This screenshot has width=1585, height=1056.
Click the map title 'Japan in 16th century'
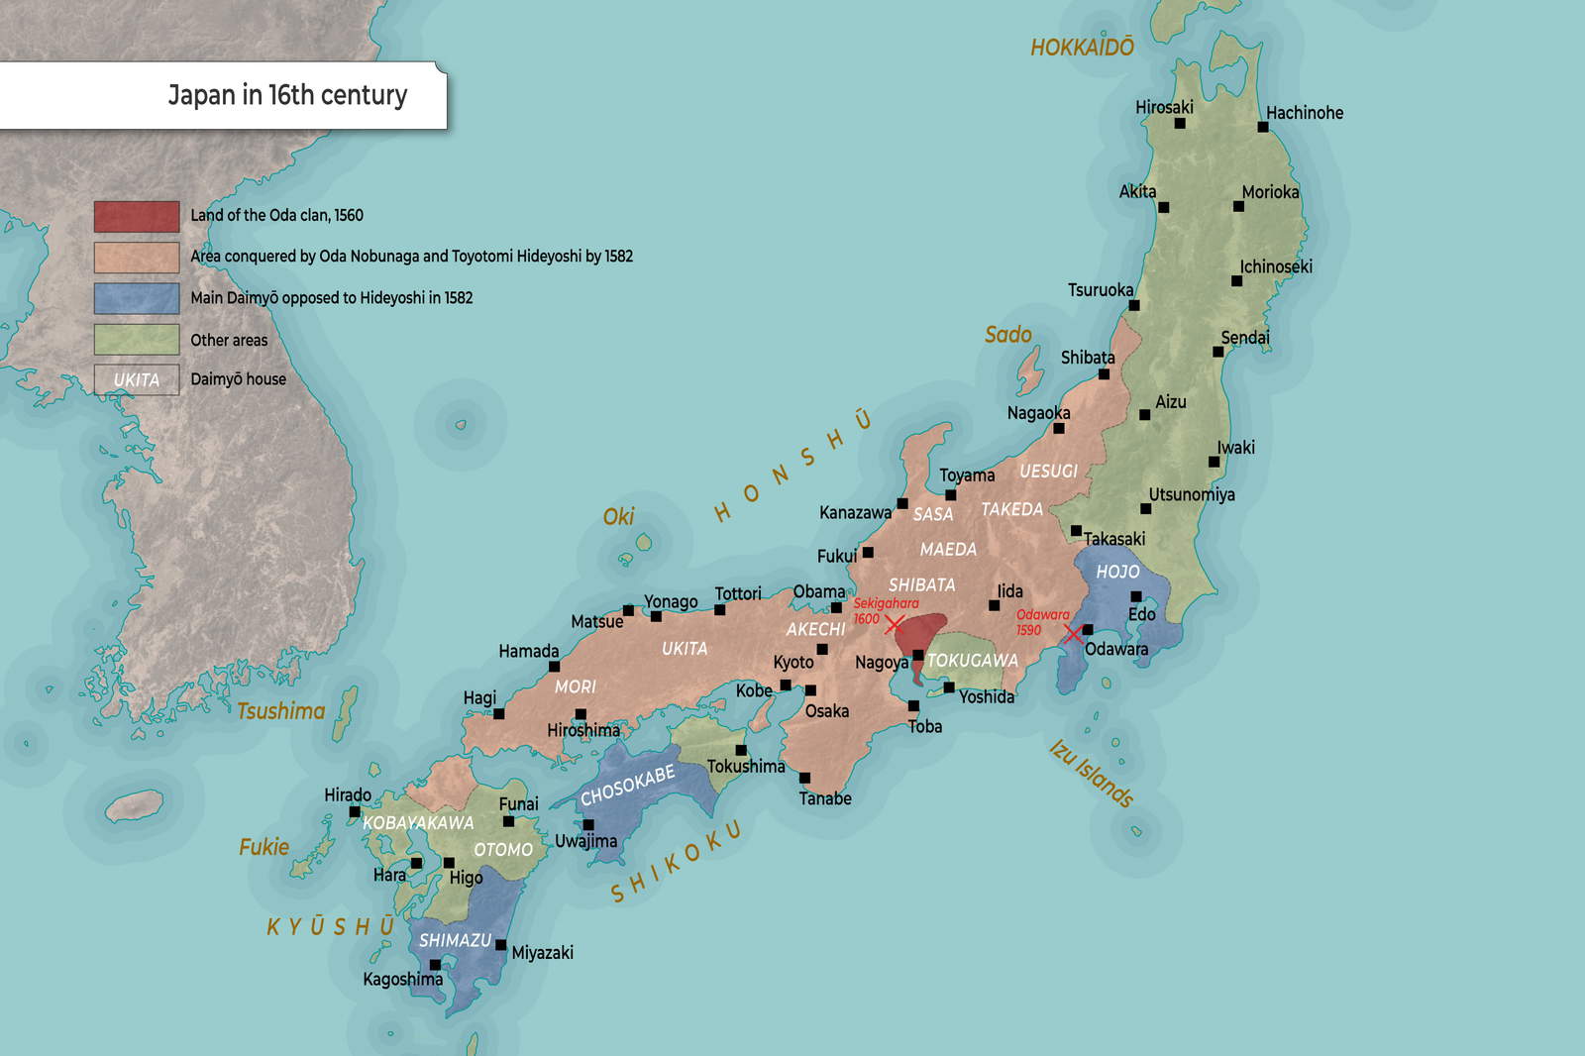point(287,95)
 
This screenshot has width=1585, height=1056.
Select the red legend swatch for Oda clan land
point(137,216)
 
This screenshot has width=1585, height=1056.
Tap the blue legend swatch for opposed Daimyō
point(137,298)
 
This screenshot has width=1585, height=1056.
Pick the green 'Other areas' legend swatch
point(137,340)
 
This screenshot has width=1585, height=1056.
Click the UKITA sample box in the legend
point(137,379)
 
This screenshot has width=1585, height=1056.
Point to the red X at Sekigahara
point(894,624)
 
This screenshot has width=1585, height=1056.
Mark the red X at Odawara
point(1073,633)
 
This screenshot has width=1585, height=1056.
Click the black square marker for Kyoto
point(822,650)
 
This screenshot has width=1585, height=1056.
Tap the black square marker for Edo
point(1136,596)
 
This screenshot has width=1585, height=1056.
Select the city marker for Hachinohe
point(1263,127)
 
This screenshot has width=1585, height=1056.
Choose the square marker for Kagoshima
point(435,964)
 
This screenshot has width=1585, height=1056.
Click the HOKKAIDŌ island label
point(1082,48)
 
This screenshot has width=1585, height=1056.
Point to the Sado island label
point(1007,335)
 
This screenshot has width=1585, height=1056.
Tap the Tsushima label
point(281,711)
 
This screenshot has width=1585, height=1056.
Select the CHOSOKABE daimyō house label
point(627,785)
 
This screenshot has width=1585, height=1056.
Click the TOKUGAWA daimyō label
point(972,660)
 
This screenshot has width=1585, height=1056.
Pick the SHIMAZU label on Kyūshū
point(455,940)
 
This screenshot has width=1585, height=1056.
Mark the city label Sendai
point(1245,338)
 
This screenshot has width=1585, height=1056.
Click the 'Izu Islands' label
point(1091,774)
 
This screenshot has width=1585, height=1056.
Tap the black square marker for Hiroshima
point(581,714)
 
